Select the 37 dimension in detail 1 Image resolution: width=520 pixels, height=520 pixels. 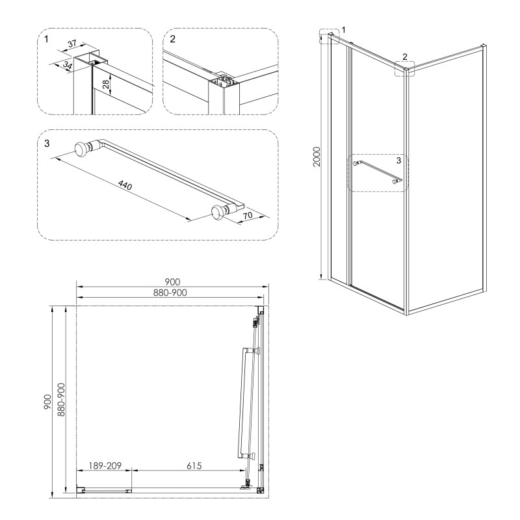pyautogui.click(x=72, y=44)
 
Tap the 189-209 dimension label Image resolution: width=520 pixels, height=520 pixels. pyautogui.click(x=104, y=465)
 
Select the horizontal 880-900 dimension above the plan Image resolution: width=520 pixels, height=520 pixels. pyautogui.click(x=172, y=293)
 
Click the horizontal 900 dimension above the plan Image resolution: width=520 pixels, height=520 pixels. pyautogui.click(x=172, y=281)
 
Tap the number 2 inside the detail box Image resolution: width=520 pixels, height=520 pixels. pyautogui.click(x=173, y=39)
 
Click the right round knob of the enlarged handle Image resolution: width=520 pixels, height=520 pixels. pyautogui.click(x=220, y=213)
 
